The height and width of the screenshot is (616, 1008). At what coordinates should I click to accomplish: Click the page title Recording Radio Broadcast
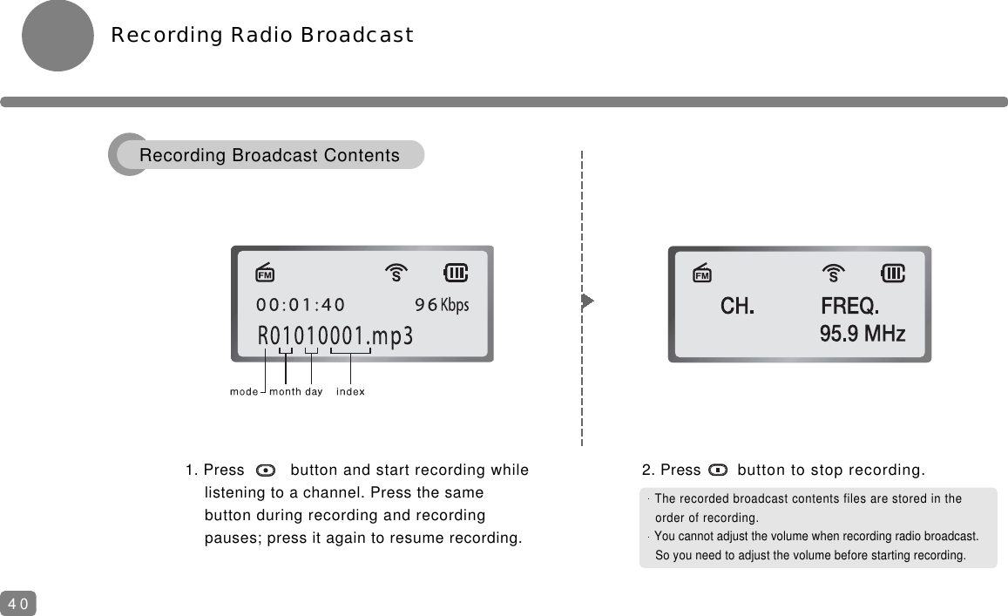(261, 36)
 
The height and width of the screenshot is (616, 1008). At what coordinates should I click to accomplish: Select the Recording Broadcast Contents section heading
(269, 156)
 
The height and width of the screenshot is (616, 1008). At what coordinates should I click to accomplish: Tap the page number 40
(18, 603)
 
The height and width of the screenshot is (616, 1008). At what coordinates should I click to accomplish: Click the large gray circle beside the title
(58, 36)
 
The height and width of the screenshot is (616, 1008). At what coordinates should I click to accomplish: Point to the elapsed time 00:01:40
(301, 305)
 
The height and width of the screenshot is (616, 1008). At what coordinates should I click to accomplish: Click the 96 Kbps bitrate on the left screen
(442, 305)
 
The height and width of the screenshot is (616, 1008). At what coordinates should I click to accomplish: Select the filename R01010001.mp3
(335, 336)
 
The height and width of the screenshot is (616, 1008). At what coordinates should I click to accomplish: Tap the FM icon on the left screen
(266, 274)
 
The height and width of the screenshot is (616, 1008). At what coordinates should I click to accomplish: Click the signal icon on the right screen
(834, 274)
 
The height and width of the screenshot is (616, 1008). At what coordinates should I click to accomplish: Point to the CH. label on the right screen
(737, 307)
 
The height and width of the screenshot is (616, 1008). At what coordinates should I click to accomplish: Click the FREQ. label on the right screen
(850, 307)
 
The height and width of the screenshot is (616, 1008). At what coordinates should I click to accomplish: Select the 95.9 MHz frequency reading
(863, 334)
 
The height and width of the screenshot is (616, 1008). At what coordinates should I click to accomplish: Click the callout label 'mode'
(244, 392)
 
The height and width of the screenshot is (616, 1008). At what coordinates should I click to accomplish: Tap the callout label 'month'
(285, 392)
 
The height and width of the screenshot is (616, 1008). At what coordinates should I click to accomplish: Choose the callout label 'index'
(350, 392)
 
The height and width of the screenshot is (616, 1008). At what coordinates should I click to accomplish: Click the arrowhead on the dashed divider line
(587, 301)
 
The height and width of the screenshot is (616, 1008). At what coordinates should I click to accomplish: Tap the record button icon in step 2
(719, 470)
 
